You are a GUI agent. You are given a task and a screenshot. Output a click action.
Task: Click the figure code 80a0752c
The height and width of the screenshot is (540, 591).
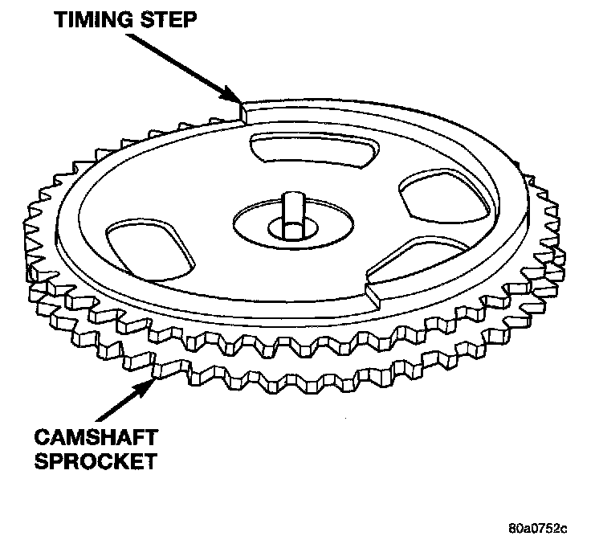click(x=537, y=527)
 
